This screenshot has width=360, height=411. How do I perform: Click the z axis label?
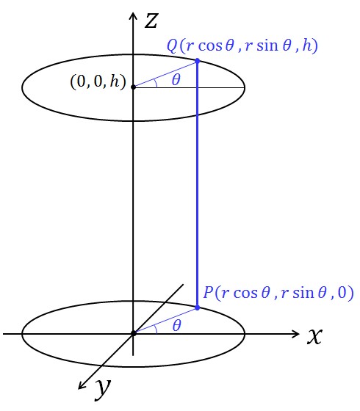coord(151,21)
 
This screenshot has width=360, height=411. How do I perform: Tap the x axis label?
coord(314,336)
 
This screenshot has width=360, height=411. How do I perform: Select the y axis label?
coord(103,390)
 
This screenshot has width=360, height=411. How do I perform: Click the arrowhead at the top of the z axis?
coord(133,15)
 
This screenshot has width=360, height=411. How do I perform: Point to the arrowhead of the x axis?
coord(295,334)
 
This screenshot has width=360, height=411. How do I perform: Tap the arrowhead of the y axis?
coord(82,385)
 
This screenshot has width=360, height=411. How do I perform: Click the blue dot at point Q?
coord(198,61)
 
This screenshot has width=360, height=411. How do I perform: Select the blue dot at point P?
coord(198,308)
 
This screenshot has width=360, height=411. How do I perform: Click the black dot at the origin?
coord(133,333)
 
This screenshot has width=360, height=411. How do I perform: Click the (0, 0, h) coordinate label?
coord(98,81)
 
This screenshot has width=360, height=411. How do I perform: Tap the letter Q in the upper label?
coord(173,46)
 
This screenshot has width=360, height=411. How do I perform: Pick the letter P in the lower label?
coord(208,292)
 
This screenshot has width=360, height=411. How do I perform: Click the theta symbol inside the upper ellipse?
coord(176,80)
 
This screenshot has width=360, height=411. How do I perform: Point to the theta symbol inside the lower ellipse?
coord(177,326)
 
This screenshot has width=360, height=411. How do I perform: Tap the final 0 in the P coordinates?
coord(342,293)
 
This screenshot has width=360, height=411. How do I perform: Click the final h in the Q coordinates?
coord(307,46)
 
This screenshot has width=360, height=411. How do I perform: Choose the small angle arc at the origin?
coord(156,329)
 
